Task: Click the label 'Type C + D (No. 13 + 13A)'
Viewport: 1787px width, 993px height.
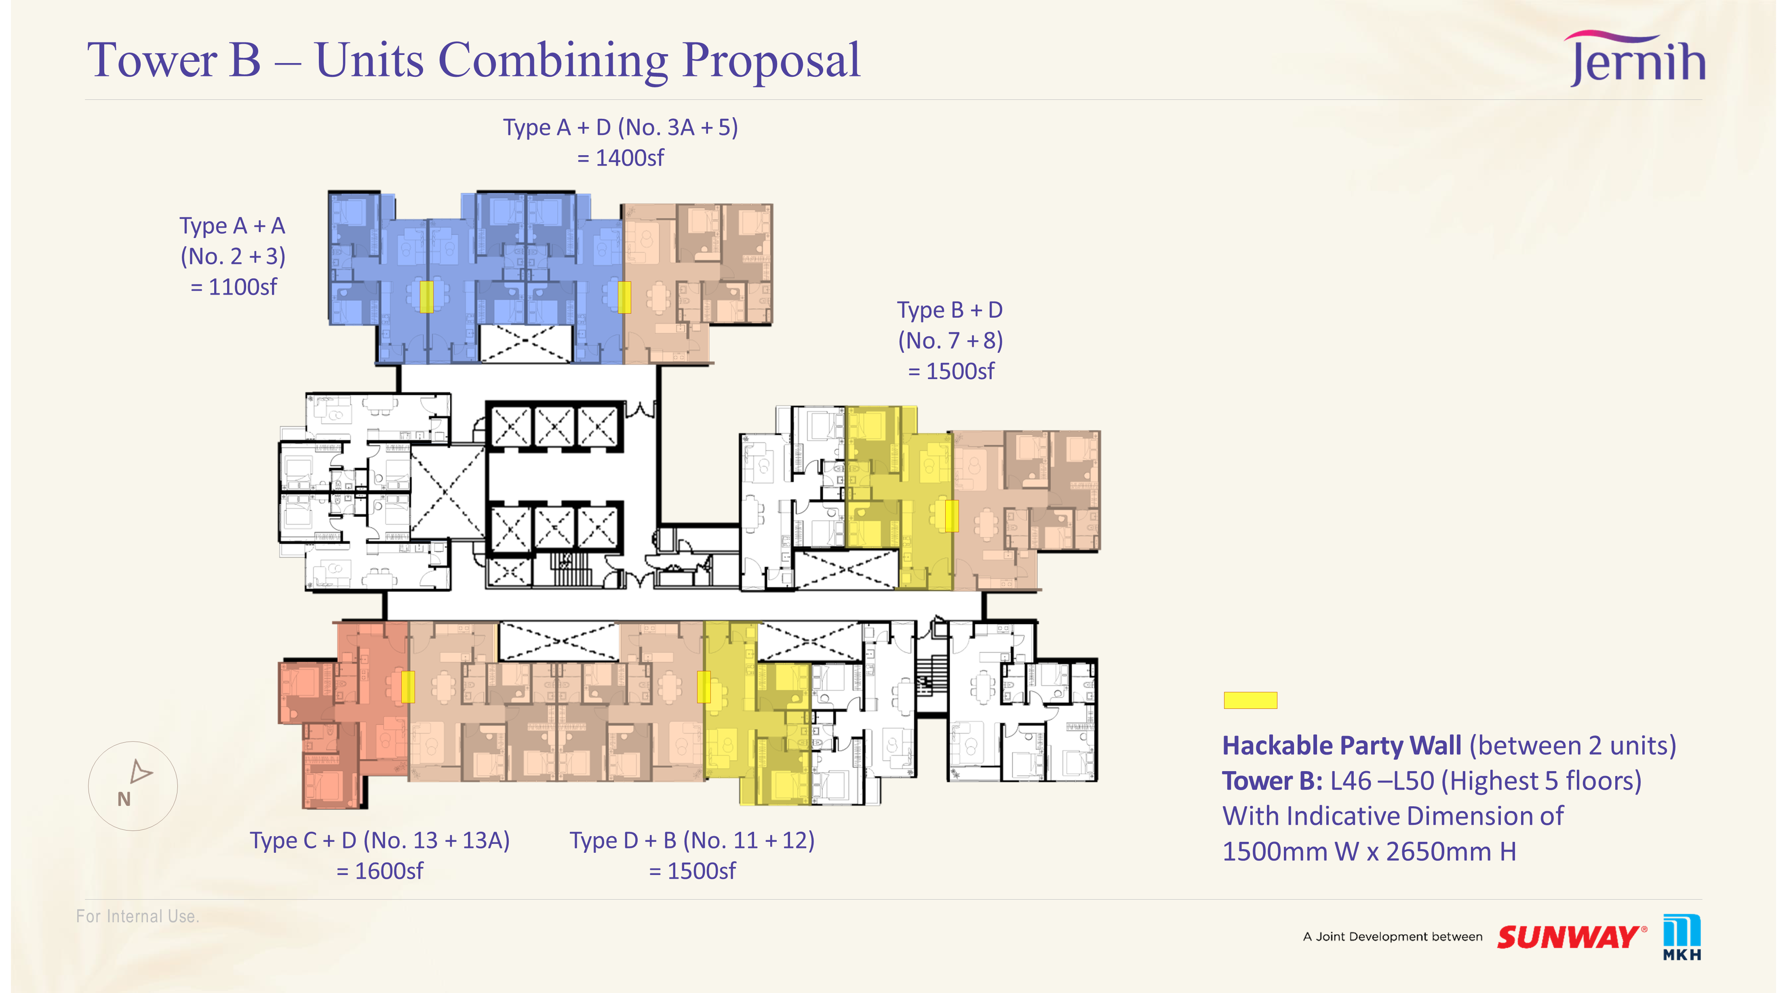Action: (380, 840)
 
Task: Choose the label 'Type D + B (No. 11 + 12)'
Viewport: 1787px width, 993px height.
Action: (692, 840)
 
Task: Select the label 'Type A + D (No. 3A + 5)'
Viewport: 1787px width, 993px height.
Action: (620, 128)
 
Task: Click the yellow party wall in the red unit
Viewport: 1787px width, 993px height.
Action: (408, 687)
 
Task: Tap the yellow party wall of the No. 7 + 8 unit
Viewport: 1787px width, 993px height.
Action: (952, 516)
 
